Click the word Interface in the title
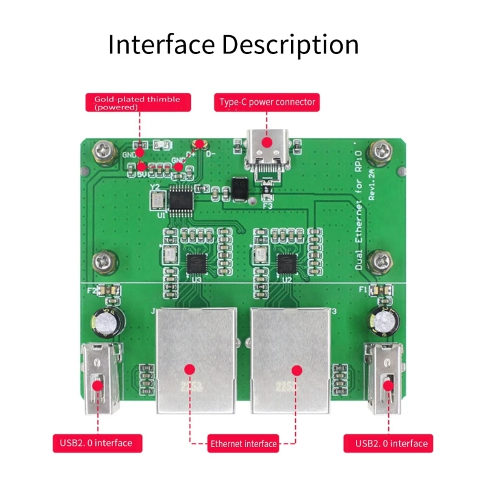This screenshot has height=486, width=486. pos(161,45)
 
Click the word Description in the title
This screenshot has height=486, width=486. pos(290,45)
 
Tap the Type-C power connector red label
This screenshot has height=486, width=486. pos(267,102)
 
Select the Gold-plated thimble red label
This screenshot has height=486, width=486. pos(137,102)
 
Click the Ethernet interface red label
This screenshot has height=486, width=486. pos(243,443)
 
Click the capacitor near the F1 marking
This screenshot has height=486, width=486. pos(383,318)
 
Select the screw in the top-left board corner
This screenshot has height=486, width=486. pos(101,151)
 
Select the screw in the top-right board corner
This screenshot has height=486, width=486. pos(382,150)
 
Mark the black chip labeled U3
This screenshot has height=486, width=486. pos(196,264)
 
